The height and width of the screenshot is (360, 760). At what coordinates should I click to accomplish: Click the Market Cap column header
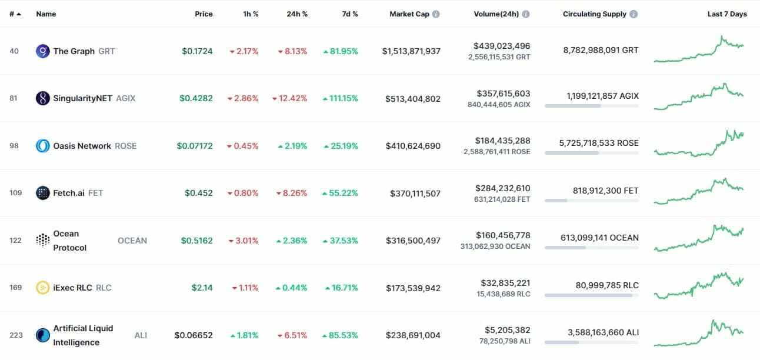(409, 14)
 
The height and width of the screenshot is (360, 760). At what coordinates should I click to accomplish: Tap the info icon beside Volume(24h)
(525, 14)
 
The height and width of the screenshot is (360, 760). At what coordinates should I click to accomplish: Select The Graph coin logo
(43, 51)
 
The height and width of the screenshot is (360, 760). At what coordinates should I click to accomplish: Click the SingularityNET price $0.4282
(196, 98)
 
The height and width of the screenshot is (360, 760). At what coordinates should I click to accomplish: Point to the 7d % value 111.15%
(341, 98)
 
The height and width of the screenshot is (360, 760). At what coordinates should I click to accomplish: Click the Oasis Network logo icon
(43, 146)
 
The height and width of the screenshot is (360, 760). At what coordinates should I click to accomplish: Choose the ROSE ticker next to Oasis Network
(125, 146)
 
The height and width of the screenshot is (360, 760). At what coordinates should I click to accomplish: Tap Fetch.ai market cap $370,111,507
(415, 194)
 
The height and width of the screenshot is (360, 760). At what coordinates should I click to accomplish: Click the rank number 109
(16, 193)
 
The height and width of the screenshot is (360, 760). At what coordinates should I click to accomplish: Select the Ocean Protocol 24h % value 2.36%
(292, 241)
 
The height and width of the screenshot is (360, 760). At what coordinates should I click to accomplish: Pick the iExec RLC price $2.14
(202, 288)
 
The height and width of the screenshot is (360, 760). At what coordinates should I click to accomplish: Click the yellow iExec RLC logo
(43, 288)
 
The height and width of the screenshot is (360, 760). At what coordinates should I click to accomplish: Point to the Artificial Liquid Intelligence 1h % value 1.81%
(244, 335)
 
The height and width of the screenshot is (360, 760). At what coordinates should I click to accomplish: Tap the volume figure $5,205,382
(507, 330)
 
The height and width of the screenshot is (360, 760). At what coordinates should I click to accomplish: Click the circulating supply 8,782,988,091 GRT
(601, 50)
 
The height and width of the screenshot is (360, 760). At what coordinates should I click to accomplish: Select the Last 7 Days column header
(727, 14)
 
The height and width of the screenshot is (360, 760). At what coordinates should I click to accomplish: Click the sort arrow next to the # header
(19, 14)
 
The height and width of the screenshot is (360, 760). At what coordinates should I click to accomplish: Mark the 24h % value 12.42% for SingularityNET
(289, 98)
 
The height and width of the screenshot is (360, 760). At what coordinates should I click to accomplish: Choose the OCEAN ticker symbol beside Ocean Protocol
(132, 241)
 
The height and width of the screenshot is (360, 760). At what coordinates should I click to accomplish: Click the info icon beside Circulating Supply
(634, 14)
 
